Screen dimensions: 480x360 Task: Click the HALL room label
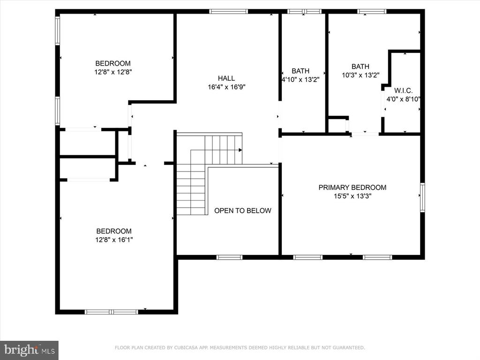pos(226,78)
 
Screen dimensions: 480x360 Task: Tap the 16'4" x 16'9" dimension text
pos(226,87)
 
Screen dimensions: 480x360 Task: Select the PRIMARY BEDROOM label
pos(352,187)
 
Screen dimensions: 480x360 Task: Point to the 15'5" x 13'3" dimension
pos(352,196)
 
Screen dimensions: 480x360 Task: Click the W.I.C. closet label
pos(403,90)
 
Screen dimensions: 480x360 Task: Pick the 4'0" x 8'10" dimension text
pos(403,99)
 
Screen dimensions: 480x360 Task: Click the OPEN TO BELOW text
pos(242,210)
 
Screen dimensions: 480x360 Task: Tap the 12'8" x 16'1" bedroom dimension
pos(114,240)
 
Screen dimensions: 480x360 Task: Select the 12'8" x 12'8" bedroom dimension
pos(113,72)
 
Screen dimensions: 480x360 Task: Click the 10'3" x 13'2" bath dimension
pos(360,75)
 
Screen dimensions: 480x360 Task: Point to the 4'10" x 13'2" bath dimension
pos(300,80)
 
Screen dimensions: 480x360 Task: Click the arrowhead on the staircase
pos(240,150)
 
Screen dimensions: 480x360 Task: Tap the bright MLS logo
pos(30,350)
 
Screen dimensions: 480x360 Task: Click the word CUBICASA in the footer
pos(187,347)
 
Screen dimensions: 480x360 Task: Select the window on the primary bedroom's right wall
pos(422,197)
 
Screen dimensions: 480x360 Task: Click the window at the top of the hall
pos(229,11)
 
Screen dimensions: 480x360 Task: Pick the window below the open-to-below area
pos(229,257)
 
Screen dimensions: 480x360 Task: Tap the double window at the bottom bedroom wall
pos(112,312)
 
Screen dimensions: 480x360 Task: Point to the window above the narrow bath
pos(304,11)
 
